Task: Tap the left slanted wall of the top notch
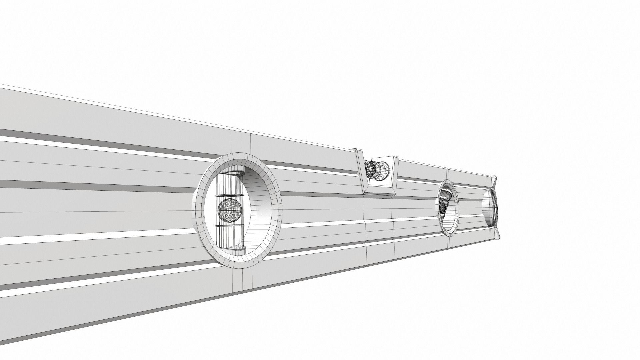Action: [x=360, y=170]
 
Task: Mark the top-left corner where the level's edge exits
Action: [x=2, y=85]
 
